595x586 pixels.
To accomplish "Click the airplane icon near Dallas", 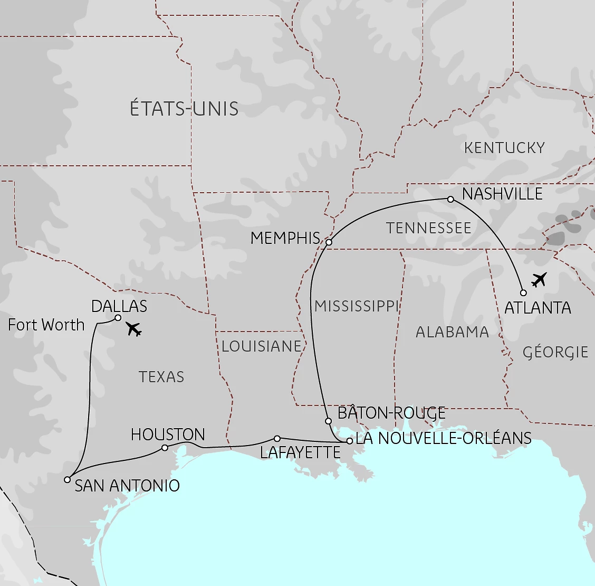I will (x=135, y=329).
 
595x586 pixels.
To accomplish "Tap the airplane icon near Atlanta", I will (x=539, y=279).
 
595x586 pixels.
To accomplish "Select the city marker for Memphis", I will (x=329, y=242).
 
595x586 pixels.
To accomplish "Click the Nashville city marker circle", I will (x=450, y=199).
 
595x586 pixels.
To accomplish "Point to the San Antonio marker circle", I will (x=67, y=479).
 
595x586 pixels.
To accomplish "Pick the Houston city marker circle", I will (x=165, y=448).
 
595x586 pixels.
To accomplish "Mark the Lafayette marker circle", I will (x=277, y=438).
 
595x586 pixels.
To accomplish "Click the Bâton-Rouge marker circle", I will (x=328, y=421).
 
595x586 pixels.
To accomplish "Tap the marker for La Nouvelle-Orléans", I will (x=349, y=441).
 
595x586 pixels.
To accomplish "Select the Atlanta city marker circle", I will (x=523, y=292).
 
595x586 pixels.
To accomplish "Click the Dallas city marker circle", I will (x=118, y=318).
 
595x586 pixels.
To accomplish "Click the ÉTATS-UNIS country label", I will (x=184, y=109).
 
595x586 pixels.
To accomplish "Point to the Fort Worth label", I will (x=46, y=325).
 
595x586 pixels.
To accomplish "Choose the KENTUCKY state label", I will (x=504, y=148).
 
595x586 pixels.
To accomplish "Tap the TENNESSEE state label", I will (x=428, y=228).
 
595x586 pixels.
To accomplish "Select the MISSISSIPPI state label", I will (x=357, y=306).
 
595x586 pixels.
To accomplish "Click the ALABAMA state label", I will (x=452, y=332).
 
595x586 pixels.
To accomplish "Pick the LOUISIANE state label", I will (x=261, y=346).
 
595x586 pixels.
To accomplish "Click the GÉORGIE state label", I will (x=555, y=352).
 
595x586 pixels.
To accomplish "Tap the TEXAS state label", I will (x=161, y=377).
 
